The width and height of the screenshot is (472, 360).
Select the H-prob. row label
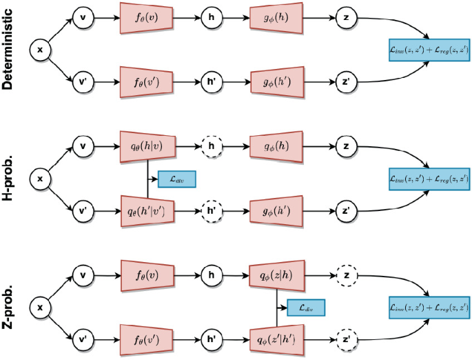12,179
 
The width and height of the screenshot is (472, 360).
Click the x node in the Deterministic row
40,50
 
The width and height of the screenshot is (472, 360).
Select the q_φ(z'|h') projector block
276,338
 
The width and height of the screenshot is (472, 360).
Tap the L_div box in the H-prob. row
177,179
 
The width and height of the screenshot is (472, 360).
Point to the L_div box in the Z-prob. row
305,308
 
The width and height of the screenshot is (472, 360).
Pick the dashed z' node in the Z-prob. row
347,338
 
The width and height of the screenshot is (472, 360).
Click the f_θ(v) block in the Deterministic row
148,14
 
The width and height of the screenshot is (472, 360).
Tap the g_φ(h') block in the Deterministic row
276,80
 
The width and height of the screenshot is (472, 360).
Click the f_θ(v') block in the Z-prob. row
148,338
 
